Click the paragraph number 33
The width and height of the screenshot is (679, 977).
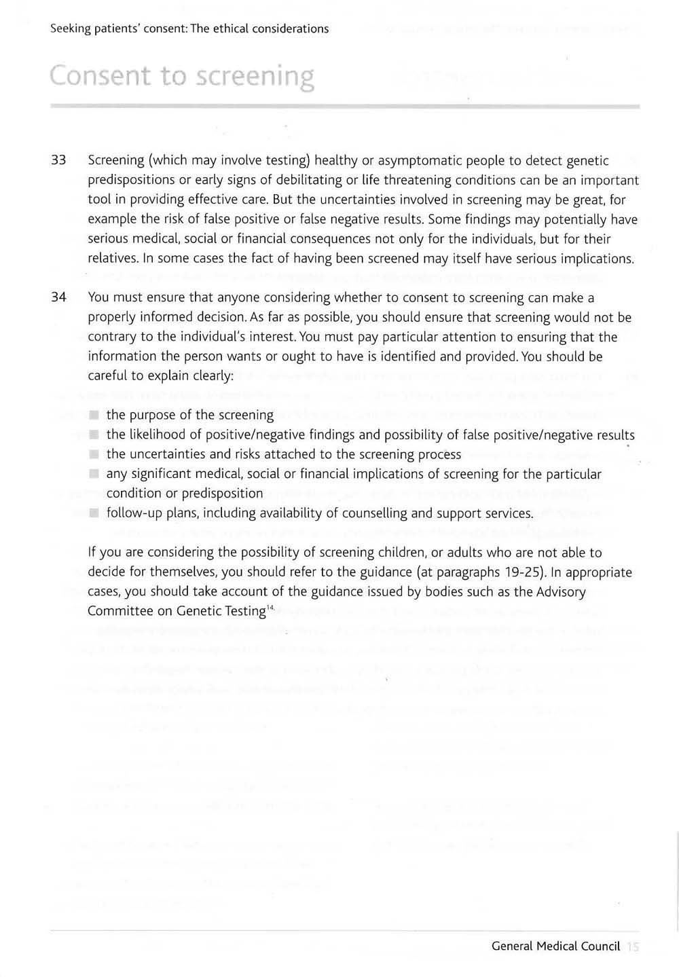tap(58, 161)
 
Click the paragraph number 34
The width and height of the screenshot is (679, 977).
tap(58, 297)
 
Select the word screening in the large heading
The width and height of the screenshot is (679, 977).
tap(255, 77)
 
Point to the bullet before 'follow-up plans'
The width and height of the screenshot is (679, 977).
tap(94, 513)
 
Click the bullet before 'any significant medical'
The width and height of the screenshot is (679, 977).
tap(94, 474)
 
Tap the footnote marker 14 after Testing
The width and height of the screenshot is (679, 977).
tap(269, 607)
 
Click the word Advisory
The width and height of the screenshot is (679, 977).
tap(561, 591)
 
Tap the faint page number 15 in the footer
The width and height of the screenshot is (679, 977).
tap(634, 946)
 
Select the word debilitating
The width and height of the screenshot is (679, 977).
tap(304, 181)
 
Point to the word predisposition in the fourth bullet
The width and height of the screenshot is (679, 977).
tap(220, 494)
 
